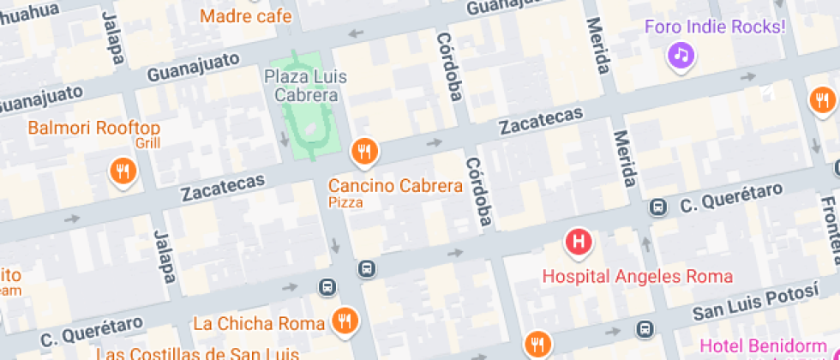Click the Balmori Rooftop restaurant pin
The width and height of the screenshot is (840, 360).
pyautogui.click(x=123, y=170)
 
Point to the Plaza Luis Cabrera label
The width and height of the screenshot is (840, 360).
pyautogui.click(x=305, y=86)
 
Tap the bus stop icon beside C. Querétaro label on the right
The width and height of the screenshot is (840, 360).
pyautogui.click(x=657, y=207)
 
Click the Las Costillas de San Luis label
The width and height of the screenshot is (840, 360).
pyautogui.click(x=197, y=353)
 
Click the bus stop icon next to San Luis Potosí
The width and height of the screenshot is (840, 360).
pyautogui.click(x=644, y=328)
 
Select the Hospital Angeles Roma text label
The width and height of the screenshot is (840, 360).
pyautogui.click(x=638, y=276)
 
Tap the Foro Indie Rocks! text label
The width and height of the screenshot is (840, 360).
pyautogui.click(x=715, y=27)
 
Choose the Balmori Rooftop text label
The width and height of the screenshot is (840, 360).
pyautogui.click(x=94, y=129)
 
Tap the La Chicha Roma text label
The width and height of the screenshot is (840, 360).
pyautogui.click(x=259, y=323)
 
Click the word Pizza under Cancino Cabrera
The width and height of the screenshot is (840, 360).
pyautogui.click(x=345, y=203)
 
